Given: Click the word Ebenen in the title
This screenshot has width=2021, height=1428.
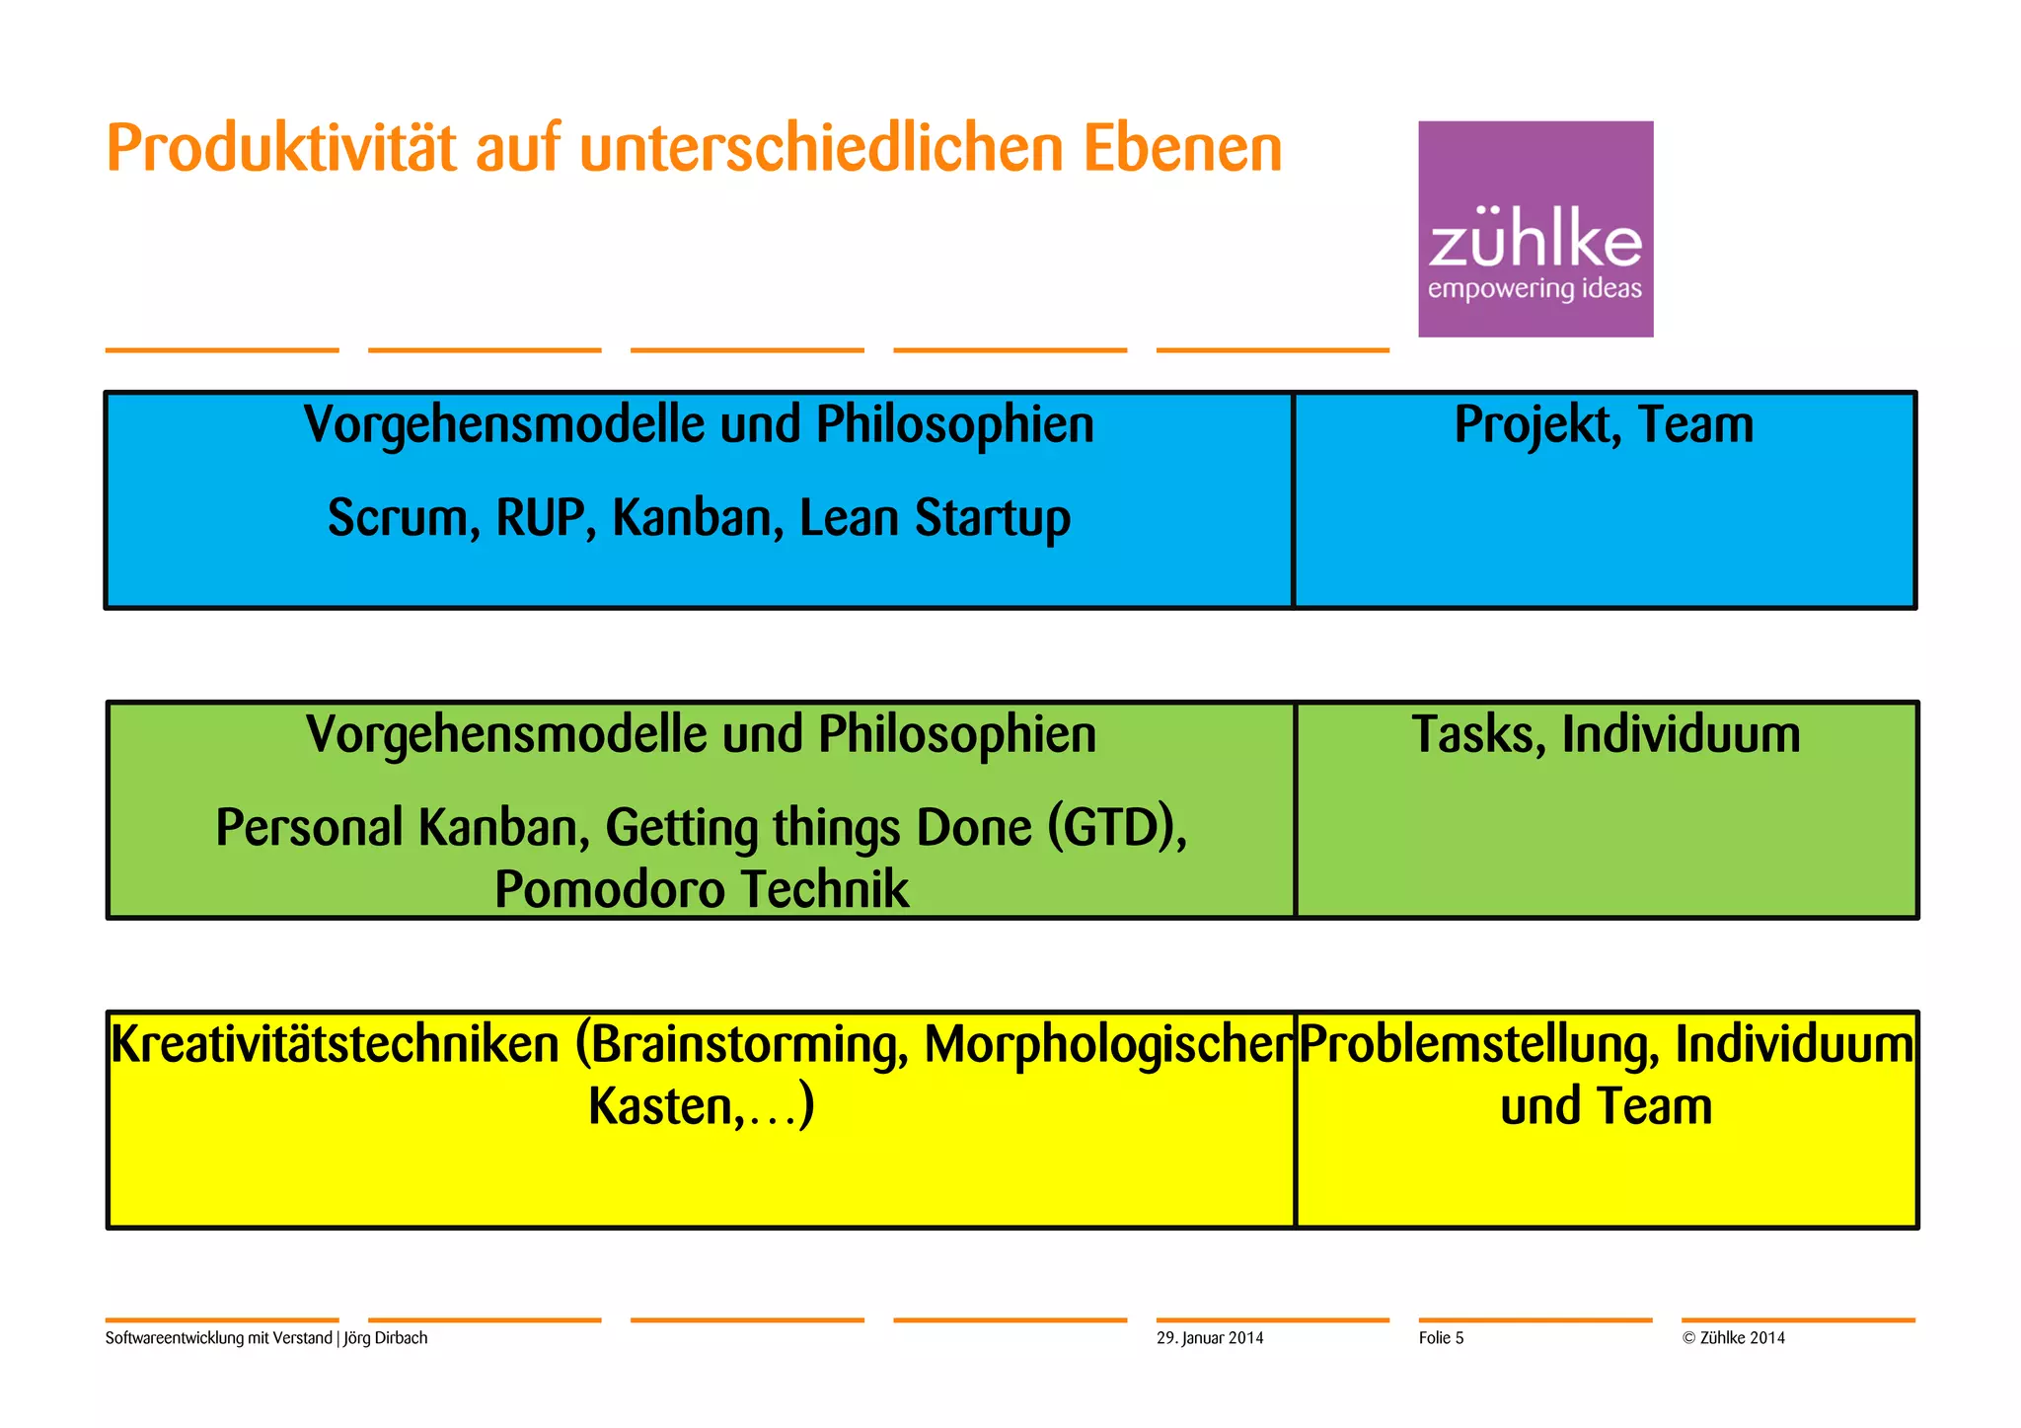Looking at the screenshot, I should pos(1181,150).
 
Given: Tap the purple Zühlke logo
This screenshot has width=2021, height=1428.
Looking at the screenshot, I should pos(1534,229).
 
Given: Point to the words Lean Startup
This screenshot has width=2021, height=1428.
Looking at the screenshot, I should pos(935,519).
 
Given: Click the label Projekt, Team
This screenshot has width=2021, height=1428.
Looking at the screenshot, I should pos(1604,425).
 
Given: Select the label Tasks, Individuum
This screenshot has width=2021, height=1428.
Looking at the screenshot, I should pos(1606,735).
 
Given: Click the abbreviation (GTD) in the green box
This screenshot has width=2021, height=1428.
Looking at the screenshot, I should pos(1116,827).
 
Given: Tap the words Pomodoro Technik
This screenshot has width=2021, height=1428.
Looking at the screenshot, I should pos(702,889).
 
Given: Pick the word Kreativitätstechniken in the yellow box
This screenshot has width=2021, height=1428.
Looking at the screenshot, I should pos(336,1045).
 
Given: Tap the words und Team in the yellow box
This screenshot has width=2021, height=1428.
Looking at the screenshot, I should pos(1606,1106).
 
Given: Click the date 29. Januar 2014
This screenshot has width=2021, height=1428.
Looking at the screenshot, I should pos(1210,1338).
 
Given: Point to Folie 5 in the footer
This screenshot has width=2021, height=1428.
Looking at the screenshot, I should pos(1441,1338).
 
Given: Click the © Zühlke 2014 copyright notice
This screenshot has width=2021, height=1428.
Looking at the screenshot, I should pos(1734,1338).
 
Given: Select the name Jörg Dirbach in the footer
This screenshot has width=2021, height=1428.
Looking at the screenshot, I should pos(386,1338).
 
